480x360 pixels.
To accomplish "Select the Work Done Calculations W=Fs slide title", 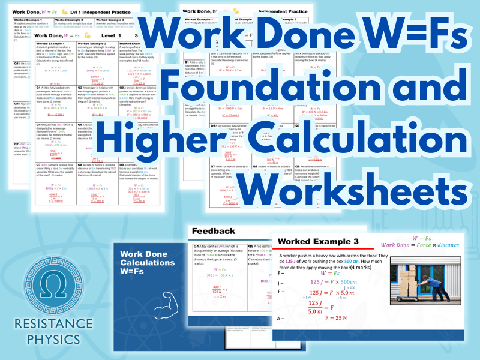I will (x=148, y=263).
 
